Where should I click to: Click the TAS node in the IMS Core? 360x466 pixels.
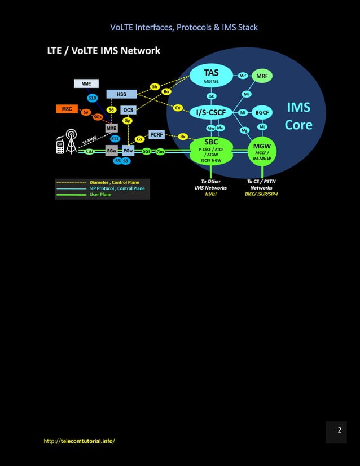click(x=211, y=76)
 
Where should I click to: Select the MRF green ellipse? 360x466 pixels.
click(x=262, y=76)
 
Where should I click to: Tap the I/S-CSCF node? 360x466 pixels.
click(x=211, y=112)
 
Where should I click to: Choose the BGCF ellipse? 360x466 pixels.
click(x=262, y=112)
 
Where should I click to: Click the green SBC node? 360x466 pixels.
click(x=212, y=149)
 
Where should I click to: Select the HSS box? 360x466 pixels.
click(x=121, y=94)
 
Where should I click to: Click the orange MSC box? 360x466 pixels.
click(x=67, y=109)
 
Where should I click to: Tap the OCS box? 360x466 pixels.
click(x=129, y=110)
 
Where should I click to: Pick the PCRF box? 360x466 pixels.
click(x=156, y=134)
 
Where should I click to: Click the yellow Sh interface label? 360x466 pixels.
click(x=155, y=86)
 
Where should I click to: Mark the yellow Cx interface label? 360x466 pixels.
click(x=178, y=107)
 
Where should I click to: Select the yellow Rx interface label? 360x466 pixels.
click(x=183, y=137)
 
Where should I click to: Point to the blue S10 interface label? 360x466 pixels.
click(x=93, y=98)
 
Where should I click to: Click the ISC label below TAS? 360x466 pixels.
click(x=212, y=96)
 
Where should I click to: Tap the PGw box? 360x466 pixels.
click(x=128, y=151)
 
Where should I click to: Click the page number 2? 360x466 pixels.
click(x=339, y=430)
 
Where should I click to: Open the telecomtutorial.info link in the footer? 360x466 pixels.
click(x=79, y=441)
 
